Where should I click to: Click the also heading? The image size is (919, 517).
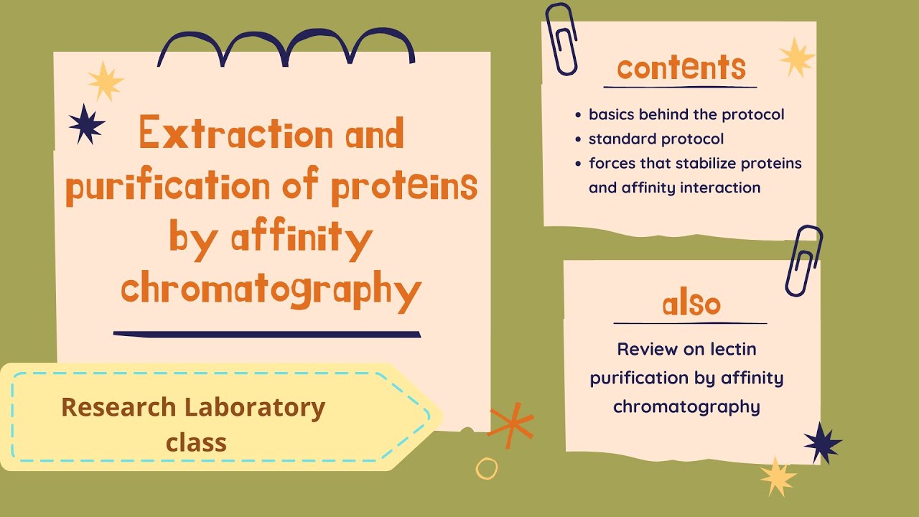pyautogui.click(x=691, y=304)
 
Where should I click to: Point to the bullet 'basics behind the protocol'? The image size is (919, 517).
pyautogui.click(x=686, y=114)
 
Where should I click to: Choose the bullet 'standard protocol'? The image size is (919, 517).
pyautogui.click(x=656, y=139)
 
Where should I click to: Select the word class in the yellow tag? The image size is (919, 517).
pyautogui.click(x=197, y=442)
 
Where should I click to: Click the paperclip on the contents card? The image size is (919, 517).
pyautogui.click(x=561, y=39)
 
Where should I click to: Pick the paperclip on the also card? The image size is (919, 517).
pyautogui.click(x=803, y=261)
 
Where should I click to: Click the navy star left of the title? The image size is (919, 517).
pyautogui.click(x=86, y=124)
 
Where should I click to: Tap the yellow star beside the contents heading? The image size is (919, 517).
pyautogui.click(x=796, y=57)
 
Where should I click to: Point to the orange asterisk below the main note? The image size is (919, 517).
pyautogui.click(x=511, y=424)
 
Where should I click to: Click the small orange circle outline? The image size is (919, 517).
pyautogui.click(x=487, y=468)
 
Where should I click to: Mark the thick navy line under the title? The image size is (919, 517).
pyautogui.click(x=267, y=334)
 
